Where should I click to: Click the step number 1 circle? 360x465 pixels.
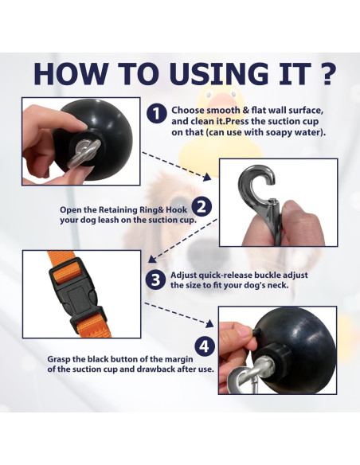tap(156, 114)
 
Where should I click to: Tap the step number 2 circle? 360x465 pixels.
tap(202, 206)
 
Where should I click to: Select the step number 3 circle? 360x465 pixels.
tap(155, 279)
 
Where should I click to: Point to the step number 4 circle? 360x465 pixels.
tap(205, 346)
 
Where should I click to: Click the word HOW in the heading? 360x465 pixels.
tap(71, 73)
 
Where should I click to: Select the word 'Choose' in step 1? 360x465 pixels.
tap(188, 111)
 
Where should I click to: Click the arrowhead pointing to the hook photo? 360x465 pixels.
tap(208, 178)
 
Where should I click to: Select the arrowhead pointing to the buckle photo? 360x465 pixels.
tap(152, 260)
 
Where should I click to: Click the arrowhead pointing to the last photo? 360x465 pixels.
tap(209, 323)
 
